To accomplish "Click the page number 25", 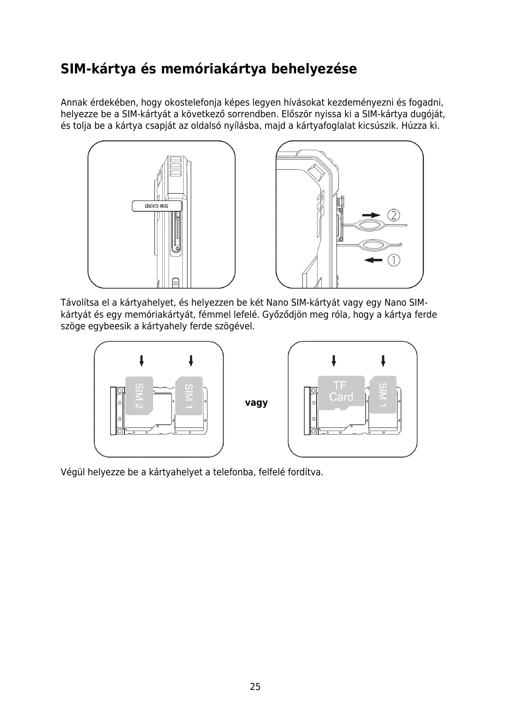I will [255, 687].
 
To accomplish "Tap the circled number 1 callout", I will [394, 260].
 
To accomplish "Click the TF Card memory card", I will [341, 392].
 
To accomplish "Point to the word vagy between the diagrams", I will [256, 403].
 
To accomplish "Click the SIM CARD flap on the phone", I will [157, 206].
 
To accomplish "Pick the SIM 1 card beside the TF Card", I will [383, 394].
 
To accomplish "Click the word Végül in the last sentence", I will [72, 472].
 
